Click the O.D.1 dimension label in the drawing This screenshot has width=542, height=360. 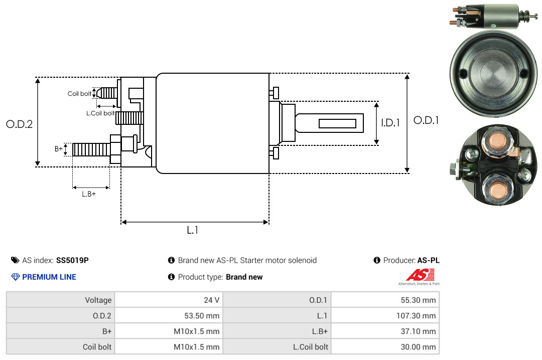(426, 120)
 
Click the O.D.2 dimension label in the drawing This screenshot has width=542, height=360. (19, 124)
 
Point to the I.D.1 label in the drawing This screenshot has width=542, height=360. (390, 122)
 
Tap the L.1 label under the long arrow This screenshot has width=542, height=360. (193, 230)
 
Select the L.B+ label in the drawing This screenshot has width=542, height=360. (89, 194)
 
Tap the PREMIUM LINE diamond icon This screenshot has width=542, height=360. (15, 277)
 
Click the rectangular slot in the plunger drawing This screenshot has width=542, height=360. (337, 123)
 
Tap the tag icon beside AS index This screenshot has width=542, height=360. (15, 260)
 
